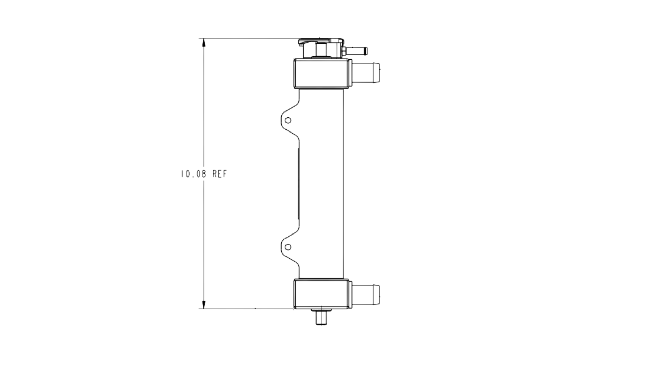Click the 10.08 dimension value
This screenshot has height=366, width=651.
(x=193, y=174)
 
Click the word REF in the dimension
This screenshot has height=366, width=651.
(x=220, y=174)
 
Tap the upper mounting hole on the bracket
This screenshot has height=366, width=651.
(x=288, y=120)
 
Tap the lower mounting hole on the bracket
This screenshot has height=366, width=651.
(x=288, y=247)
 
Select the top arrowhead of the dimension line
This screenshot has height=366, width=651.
(x=204, y=43)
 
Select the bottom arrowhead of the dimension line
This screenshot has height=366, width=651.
(x=204, y=304)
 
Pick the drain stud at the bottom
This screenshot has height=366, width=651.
(x=321, y=317)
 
